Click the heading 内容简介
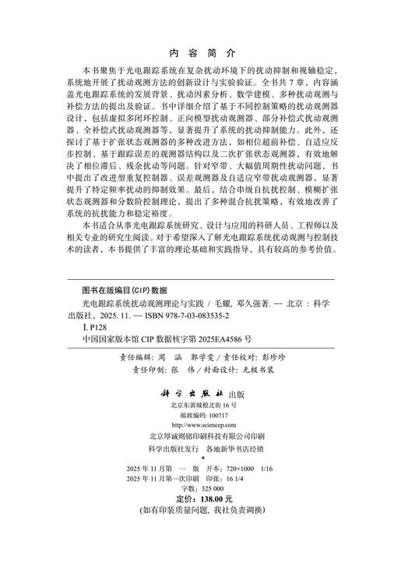(x=202, y=55)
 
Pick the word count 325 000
(x=209, y=508)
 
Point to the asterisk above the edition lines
(x=201, y=473)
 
